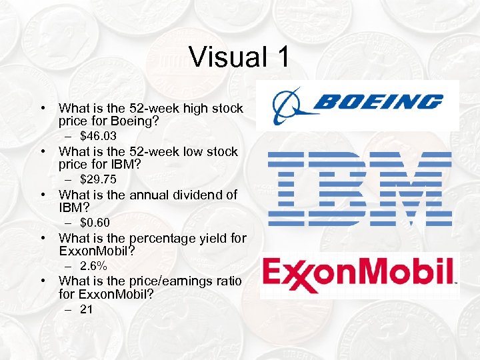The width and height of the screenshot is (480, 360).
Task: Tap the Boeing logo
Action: coord(358,104)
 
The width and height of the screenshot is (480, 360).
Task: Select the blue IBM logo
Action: coord(359,187)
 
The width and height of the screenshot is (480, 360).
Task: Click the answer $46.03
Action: coord(98,136)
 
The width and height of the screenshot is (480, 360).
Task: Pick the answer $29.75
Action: coord(98,179)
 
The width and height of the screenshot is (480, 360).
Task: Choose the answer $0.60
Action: coord(95,223)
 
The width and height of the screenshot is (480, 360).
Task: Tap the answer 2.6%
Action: coord(93,266)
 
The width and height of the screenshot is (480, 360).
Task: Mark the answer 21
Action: coord(87,309)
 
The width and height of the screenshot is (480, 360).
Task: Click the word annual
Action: coord(131,195)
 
